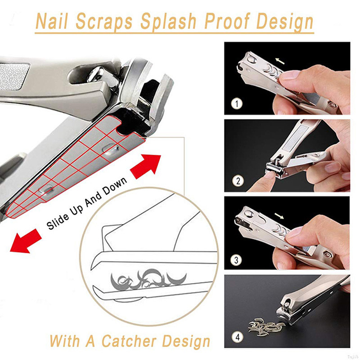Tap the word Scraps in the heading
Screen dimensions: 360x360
104,22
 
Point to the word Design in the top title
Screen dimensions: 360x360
285,22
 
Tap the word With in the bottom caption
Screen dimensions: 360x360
65,341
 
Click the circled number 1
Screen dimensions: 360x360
237,104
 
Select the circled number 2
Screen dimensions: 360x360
238,181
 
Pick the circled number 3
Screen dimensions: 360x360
236,260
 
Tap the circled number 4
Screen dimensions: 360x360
238,337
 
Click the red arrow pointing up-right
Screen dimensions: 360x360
145,166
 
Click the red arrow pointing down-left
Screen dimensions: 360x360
26,241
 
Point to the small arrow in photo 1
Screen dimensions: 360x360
280,61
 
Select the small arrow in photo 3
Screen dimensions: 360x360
279,216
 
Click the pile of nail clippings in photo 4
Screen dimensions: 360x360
266,327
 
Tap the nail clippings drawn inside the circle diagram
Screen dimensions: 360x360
148,279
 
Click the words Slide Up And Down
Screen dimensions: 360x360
87,203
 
